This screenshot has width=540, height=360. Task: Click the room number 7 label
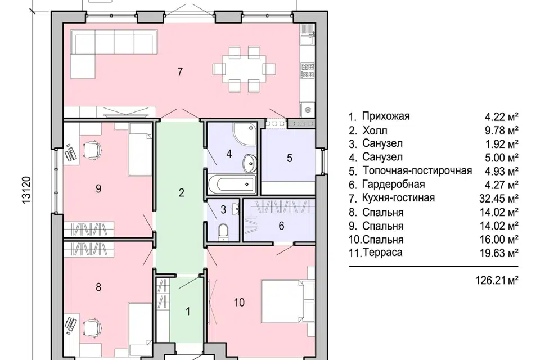click(x=180, y=71)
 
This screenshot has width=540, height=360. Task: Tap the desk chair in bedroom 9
click(x=91, y=150)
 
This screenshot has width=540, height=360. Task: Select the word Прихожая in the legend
click(x=386, y=116)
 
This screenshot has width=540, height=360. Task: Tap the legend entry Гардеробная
click(x=393, y=184)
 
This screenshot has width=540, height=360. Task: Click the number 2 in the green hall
click(x=181, y=193)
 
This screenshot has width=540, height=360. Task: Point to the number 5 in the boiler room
click(x=290, y=158)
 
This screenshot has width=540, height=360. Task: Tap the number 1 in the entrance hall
click(x=188, y=310)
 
